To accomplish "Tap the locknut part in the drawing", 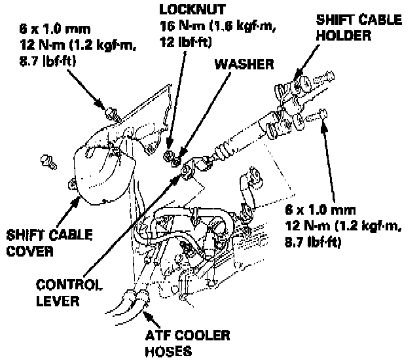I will (x=171, y=155).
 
